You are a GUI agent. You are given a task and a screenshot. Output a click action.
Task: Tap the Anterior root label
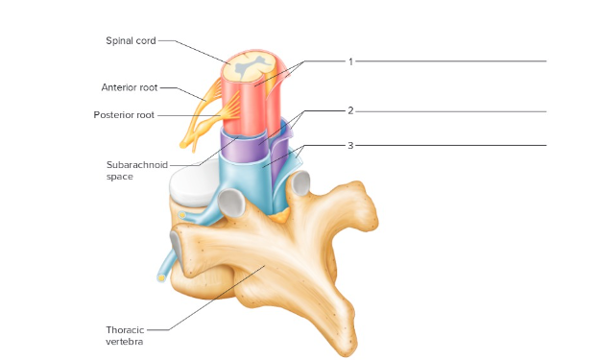pos(129,87)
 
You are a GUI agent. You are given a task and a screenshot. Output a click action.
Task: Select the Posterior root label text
pos(125,115)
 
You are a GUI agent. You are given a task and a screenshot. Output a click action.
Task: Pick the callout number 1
pos(350,61)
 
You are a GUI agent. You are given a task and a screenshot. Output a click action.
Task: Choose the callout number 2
pos(350,110)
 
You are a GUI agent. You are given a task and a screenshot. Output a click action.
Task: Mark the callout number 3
pos(350,145)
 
